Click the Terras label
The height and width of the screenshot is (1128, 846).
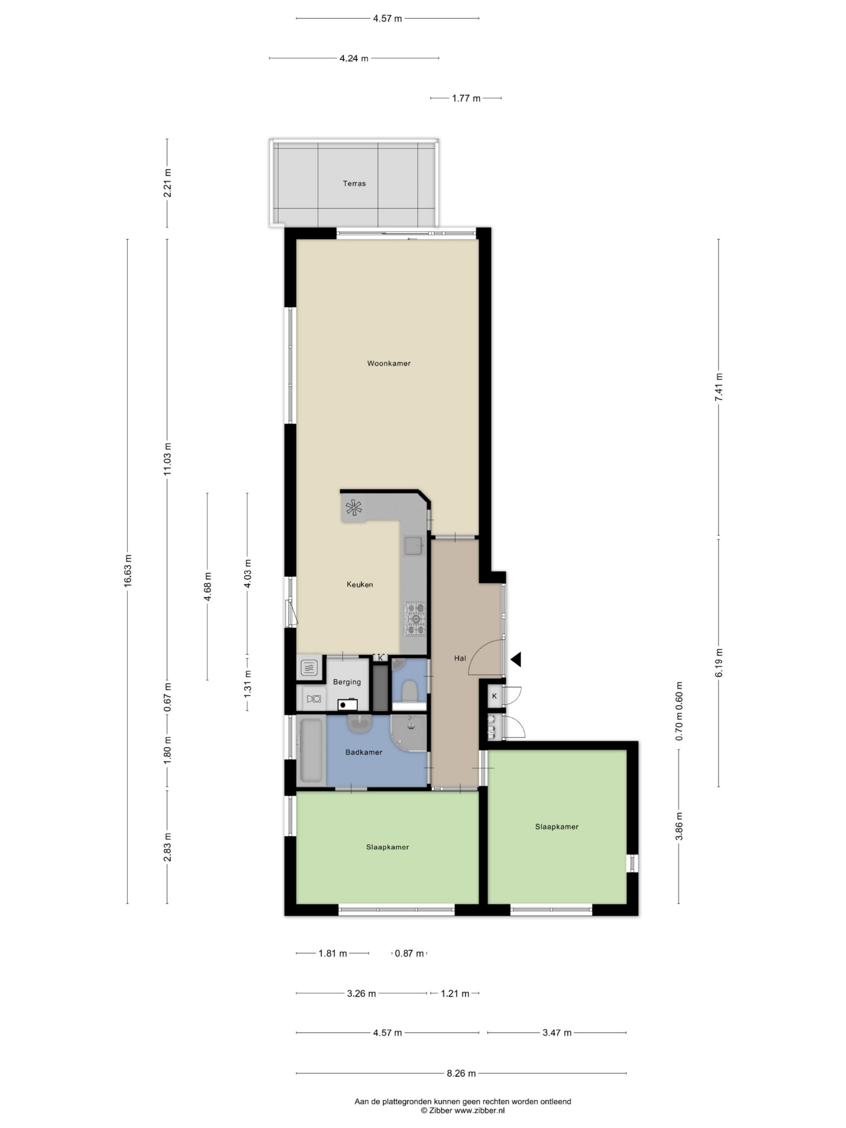point(354,184)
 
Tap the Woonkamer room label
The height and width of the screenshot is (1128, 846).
point(389,364)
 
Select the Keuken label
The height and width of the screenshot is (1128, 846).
point(360,584)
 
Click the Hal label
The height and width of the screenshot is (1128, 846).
point(460,658)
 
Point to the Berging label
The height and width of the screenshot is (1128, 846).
point(347,682)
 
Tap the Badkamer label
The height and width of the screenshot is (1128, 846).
point(364,752)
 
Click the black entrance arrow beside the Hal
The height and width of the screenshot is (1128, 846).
point(516,659)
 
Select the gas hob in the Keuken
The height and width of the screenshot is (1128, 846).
point(415,619)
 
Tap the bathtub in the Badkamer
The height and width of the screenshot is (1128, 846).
point(311,750)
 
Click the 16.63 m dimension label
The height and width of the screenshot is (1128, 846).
point(127,571)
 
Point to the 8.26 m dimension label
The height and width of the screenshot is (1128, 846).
point(461,1073)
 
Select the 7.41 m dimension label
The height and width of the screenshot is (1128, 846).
point(719,388)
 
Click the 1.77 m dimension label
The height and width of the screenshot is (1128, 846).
point(466,98)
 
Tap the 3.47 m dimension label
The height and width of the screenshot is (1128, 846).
point(557,1033)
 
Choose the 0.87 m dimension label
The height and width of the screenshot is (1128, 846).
point(409,953)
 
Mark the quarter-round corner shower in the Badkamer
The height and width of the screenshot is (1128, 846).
point(408,733)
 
